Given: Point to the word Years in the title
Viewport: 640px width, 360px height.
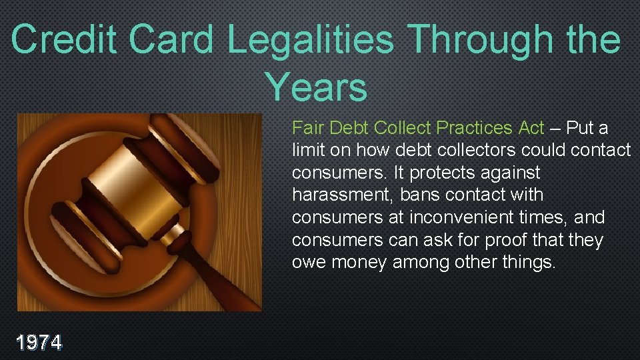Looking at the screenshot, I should tap(315, 87).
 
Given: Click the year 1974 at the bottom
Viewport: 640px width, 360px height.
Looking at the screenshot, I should tap(39, 343).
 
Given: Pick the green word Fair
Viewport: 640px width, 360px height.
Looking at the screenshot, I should tap(307, 127).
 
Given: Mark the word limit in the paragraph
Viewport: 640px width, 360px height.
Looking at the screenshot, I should tap(307, 150).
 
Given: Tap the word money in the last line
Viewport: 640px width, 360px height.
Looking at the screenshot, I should tap(359, 263).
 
